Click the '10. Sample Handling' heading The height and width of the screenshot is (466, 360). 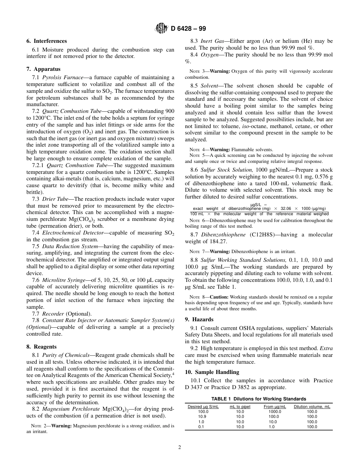[x=212, y=372]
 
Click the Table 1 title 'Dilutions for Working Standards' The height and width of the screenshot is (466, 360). [x=258, y=399]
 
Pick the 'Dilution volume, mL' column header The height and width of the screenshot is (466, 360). [x=312, y=407]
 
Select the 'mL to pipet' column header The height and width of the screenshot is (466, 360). [x=240, y=407]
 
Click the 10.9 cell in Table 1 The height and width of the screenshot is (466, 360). [x=203, y=416]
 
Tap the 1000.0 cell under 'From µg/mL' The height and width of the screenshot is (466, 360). [x=275, y=411]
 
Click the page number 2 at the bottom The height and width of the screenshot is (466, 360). [x=180, y=447]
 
